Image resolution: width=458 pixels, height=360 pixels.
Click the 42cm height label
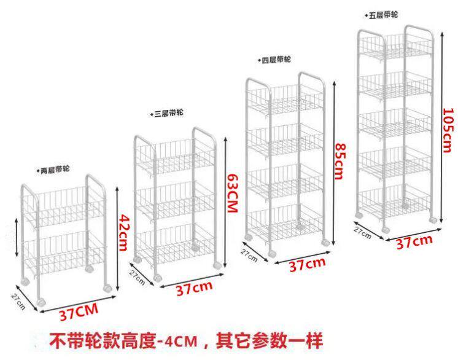[123, 236]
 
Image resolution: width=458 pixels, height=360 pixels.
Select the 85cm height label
[339, 162]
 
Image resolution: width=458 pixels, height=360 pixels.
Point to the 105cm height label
[448, 128]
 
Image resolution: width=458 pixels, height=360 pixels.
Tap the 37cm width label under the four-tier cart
[307, 265]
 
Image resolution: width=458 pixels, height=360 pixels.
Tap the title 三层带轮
[168, 114]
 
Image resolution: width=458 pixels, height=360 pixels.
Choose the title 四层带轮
[274, 60]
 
